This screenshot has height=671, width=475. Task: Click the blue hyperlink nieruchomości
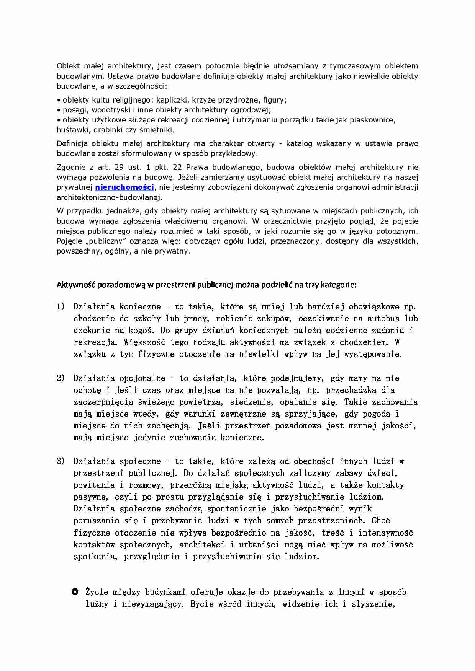[124, 187]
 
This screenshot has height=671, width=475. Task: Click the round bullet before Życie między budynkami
[75, 592]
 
